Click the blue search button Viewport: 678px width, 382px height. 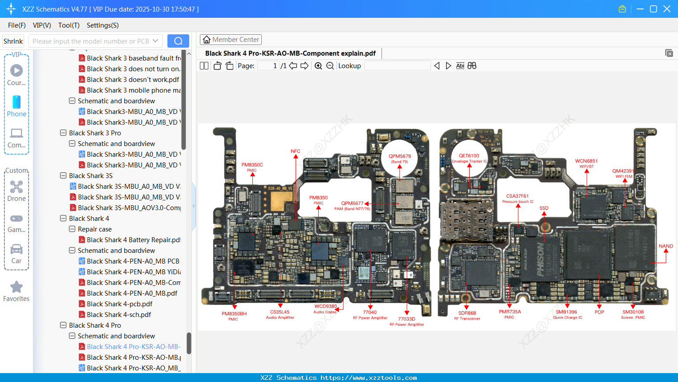(178, 41)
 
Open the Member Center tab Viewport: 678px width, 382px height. (231, 40)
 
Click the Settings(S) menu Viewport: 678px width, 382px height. (102, 25)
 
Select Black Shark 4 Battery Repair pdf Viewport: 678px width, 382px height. (133, 240)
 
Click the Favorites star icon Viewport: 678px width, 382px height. (16, 287)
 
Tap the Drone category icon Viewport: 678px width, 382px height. (16, 187)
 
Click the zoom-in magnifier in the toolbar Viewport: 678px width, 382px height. (318, 66)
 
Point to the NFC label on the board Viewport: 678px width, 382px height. (296, 151)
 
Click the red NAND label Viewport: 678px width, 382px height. (666, 246)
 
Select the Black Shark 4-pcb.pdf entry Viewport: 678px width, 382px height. (119, 304)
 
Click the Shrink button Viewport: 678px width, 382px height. (13, 41)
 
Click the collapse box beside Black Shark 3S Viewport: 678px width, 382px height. (63, 176)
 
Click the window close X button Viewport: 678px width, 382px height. (667, 9)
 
